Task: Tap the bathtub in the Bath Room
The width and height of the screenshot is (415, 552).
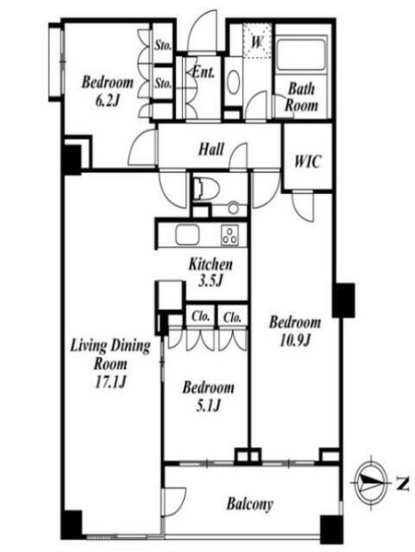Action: click(x=301, y=53)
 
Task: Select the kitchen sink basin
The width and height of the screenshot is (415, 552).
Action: click(x=188, y=235)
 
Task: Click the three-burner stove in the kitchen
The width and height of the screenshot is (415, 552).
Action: click(x=229, y=235)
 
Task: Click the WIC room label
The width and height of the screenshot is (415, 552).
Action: click(x=308, y=162)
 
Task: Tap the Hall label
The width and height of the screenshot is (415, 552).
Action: click(x=211, y=149)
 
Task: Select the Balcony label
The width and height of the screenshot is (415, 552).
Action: click(x=250, y=504)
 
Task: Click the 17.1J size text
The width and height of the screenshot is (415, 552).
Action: click(x=110, y=382)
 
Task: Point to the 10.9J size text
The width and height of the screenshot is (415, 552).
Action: click(x=295, y=340)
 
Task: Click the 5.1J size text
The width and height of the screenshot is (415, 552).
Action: click(x=208, y=406)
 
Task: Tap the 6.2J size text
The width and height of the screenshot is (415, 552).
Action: click(x=108, y=100)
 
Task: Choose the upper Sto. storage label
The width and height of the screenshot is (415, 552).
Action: click(x=163, y=45)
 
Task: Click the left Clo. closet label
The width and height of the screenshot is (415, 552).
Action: click(x=201, y=316)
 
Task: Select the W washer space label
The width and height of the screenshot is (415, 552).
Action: click(x=257, y=42)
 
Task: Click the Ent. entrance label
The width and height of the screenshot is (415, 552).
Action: click(x=203, y=72)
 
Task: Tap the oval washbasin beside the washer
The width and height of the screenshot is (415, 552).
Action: click(x=233, y=82)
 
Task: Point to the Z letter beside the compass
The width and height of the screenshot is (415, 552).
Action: click(x=402, y=485)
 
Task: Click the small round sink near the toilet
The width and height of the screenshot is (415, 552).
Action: click(x=233, y=208)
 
